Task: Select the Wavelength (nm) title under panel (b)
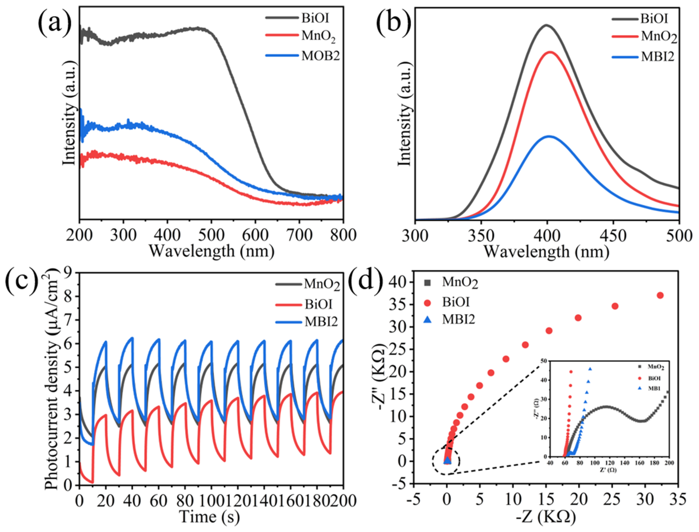(x=547, y=252)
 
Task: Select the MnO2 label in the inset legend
(x=656, y=367)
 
